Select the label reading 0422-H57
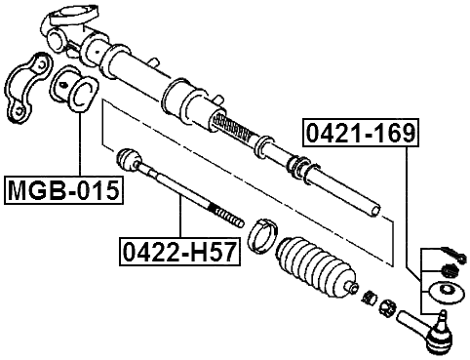pos(178,252)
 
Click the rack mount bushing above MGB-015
pos(79,92)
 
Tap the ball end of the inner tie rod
pos(128,159)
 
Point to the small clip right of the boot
pos(368,296)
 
